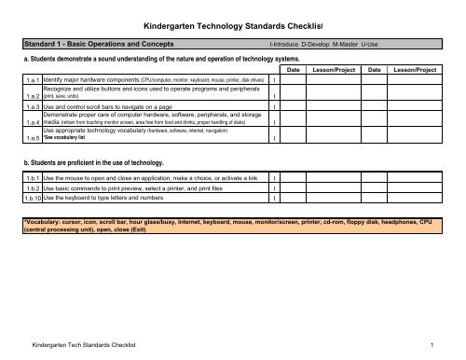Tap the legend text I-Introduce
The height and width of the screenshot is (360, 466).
coord(290,44)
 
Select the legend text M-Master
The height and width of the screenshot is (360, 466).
coord(365,44)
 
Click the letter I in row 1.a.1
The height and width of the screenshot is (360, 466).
coord(271,82)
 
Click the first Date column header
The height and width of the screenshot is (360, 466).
coord(293,71)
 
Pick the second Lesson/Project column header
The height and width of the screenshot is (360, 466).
coord(415,71)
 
